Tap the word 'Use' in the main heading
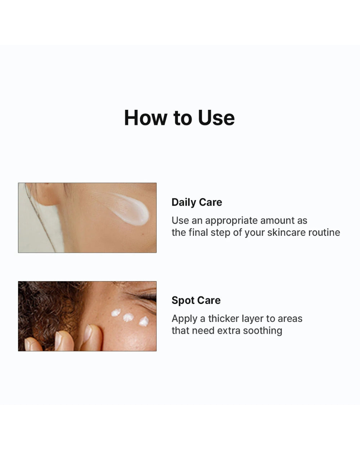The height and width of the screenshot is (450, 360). click(x=216, y=118)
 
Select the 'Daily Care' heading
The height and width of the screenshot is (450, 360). click(x=197, y=202)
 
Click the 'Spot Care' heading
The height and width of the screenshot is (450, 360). click(x=196, y=300)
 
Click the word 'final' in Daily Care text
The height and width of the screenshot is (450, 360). click(x=199, y=233)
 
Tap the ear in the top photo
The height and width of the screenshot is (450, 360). click(x=45, y=194)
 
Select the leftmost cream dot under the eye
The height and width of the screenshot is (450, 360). click(x=116, y=312)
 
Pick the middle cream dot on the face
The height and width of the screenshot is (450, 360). click(x=128, y=317)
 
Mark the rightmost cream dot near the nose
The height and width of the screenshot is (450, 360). click(x=144, y=321)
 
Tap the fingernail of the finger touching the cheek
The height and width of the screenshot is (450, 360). click(x=87, y=333)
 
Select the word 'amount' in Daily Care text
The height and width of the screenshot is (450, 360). click(x=277, y=221)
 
